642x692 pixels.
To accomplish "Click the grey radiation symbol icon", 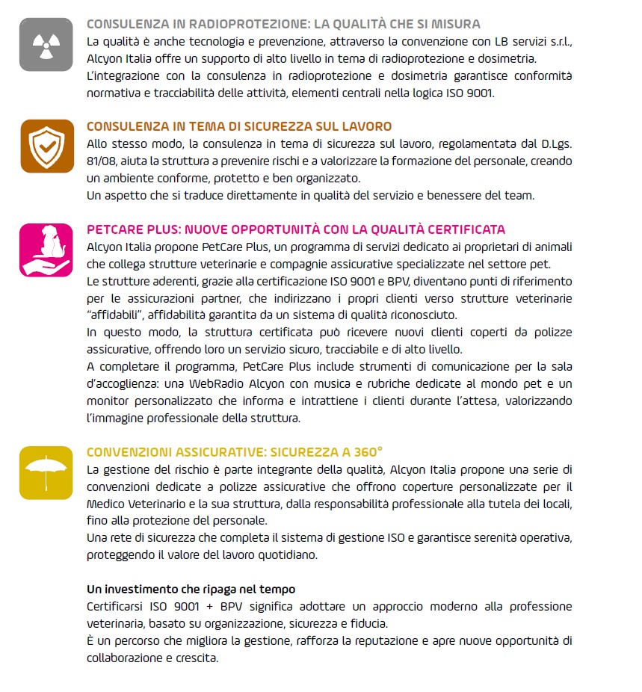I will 46,45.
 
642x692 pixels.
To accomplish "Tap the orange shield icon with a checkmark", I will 46,146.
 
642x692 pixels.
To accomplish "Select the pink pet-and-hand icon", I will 46,250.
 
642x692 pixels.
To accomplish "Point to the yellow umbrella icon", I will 46,472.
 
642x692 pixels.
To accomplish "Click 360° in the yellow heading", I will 367,452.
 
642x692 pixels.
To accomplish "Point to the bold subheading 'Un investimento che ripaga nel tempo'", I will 191,589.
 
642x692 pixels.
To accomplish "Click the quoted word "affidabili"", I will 115,315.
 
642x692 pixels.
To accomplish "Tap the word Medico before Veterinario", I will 106,504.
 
